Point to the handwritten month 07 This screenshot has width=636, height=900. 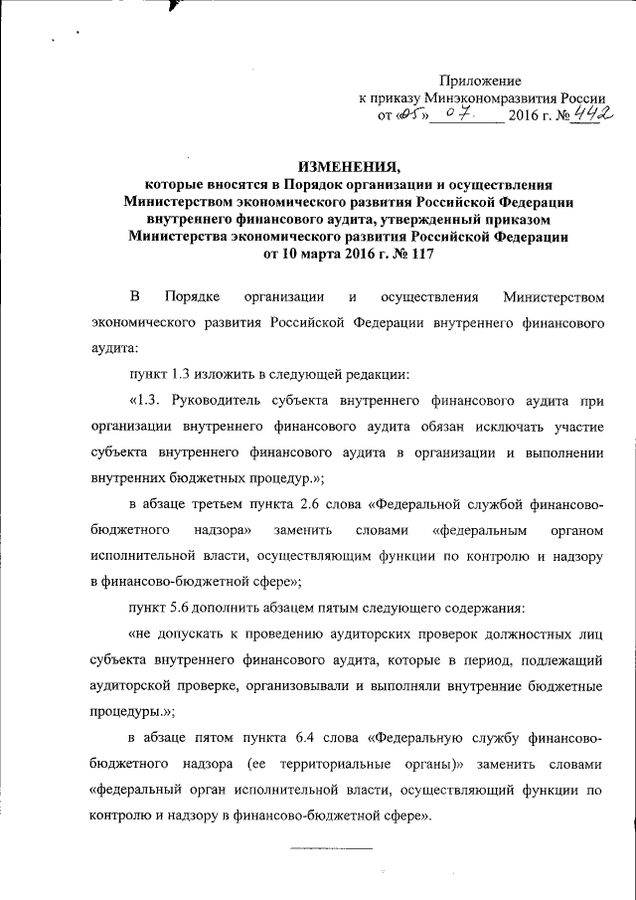pos(456,116)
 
